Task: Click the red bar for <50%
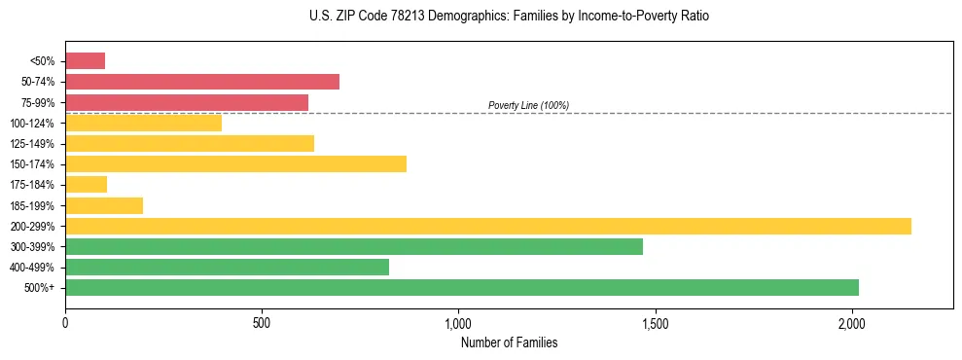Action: click(x=85, y=61)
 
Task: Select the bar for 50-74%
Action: click(x=202, y=82)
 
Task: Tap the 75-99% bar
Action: click(x=187, y=102)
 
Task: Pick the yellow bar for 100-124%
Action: click(x=143, y=123)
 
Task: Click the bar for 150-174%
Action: click(x=235, y=163)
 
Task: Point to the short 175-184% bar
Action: click(x=86, y=185)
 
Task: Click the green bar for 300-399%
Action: click(x=354, y=246)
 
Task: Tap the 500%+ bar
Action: click(x=462, y=287)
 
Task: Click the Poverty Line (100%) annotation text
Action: click(x=528, y=105)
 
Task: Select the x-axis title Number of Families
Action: click(x=509, y=342)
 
